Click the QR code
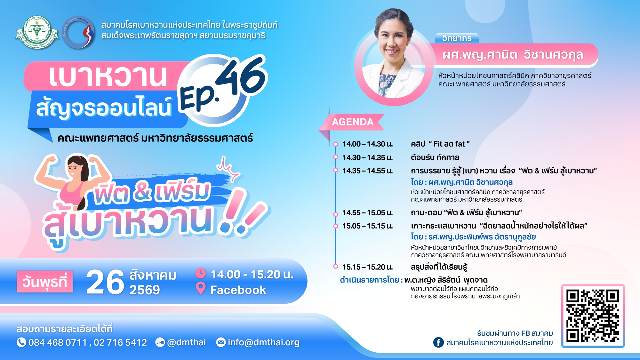[x=592, y=316]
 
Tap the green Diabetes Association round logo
[x=37, y=32]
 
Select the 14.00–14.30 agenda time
[x=368, y=144]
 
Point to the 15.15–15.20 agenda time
[x=368, y=267]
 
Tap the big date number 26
[x=105, y=282]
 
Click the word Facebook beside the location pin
[x=238, y=290]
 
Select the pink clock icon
[x=201, y=273]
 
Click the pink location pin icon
[x=201, y=288]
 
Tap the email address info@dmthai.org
[x=263, y=342]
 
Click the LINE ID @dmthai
[x=186, y=342]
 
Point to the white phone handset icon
[x=21, y=342]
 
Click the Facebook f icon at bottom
[x=438, y=342]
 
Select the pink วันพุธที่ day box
[x=45, y=282]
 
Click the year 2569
[x=145, y=290]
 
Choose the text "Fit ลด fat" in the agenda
[x=449, y=144]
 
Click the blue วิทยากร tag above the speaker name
[x=457, y=38]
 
